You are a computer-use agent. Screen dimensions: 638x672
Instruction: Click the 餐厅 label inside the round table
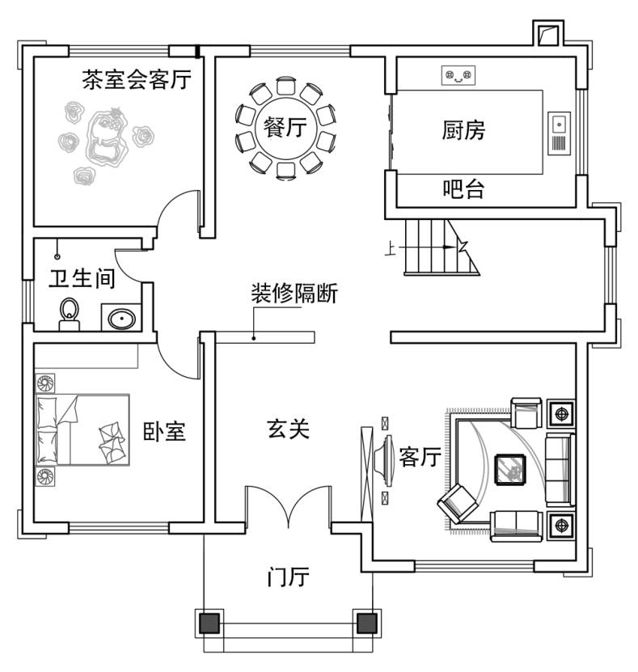coord(285,127)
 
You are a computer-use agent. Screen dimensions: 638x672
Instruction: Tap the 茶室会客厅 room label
coord(137,80)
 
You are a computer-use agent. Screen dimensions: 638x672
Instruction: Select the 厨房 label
coord(463,130)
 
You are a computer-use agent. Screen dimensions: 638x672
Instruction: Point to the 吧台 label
coord(463,189)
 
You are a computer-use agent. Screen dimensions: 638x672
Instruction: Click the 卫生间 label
coord(82,278)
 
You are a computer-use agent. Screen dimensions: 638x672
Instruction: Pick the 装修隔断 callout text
coord(294,294)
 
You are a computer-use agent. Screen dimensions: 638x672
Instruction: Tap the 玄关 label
coord(288,429)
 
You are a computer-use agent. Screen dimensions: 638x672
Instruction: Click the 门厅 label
coord(288,577)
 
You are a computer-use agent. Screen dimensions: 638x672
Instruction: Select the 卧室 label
coord(164,432)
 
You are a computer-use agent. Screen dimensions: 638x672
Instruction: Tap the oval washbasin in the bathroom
coord(122,319)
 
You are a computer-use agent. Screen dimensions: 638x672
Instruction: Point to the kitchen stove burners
coord(458,76)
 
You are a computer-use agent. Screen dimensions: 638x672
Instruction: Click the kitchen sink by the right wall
coord(560,133)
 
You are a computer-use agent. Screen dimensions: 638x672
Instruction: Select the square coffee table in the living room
coord(510,470)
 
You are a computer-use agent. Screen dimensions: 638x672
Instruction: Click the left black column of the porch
coord(209,623)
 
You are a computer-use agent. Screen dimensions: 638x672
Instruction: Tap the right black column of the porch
coord(367,623)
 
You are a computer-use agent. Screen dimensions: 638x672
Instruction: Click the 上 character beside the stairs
coord(390,248)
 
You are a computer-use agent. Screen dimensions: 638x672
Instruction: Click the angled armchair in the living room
coord(457,504)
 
